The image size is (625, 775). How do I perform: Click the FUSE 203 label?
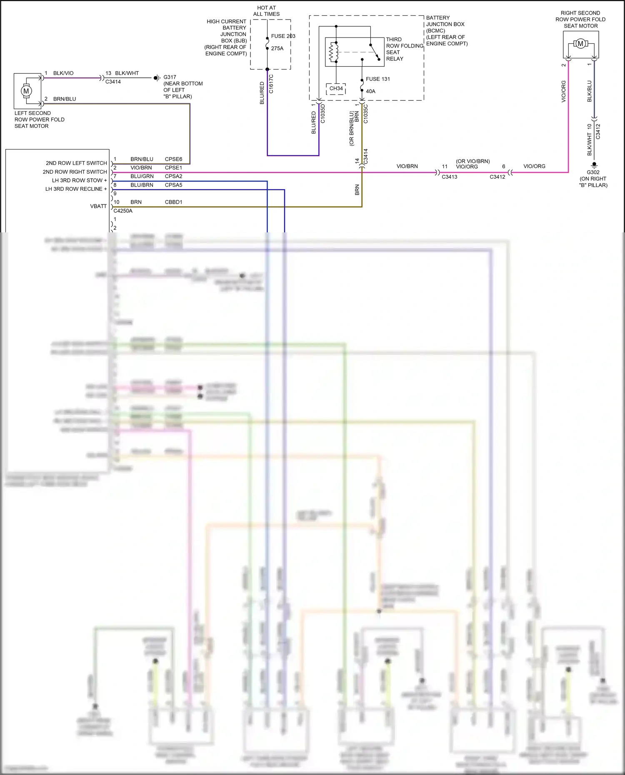(283, 36)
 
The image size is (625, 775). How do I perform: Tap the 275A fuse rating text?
(277, 48)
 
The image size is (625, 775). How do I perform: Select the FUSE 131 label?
(378, 79)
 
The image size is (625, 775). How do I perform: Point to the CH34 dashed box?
(336, 89)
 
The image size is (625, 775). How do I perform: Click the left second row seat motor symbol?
(26, 91)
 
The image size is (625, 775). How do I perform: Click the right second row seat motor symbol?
(580, 44)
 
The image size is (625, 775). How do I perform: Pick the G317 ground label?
(170, 77)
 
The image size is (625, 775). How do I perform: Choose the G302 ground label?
(593, 172)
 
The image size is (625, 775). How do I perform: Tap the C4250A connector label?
(123, 211)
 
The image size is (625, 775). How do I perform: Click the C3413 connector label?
(450, 177)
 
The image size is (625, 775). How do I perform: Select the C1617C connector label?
(271, 84)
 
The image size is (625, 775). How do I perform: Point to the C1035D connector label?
(323, 113)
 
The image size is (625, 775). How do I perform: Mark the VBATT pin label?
(98, 206)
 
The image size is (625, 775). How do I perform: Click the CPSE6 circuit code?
(173, 159)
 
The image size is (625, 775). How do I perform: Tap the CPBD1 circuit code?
(173, 202)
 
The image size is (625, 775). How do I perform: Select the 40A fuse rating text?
(370, 91)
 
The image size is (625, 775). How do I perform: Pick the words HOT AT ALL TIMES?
(266, 11)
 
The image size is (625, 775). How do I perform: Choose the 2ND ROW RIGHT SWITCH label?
(75, 172)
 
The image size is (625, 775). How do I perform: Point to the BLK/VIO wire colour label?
(63, 73)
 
